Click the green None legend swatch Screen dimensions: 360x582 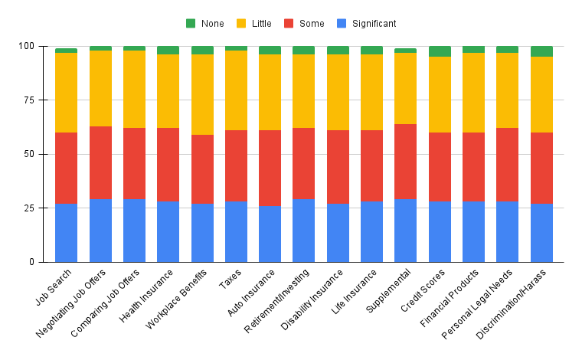coord(191,24)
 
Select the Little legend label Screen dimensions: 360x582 coord(261,24)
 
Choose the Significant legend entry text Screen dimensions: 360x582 coord(374,24)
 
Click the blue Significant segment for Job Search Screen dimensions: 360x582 coord(66,233)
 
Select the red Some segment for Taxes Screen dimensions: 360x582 coord(237,166)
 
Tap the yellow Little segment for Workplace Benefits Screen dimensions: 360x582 coord(202,94)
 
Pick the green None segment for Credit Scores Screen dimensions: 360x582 coord(440,51)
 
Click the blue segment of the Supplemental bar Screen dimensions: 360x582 coord(406,231)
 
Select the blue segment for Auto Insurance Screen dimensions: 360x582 coord(270,234)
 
